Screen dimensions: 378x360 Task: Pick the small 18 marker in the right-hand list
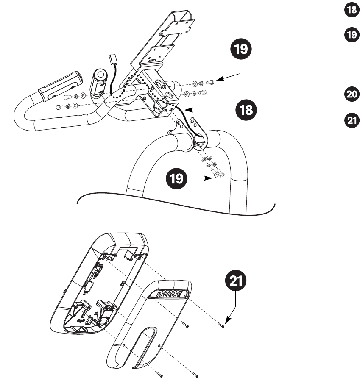coord(347,11)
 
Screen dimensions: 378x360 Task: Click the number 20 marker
coord(347,95)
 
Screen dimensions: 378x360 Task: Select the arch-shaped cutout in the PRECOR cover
coord(142,343)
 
